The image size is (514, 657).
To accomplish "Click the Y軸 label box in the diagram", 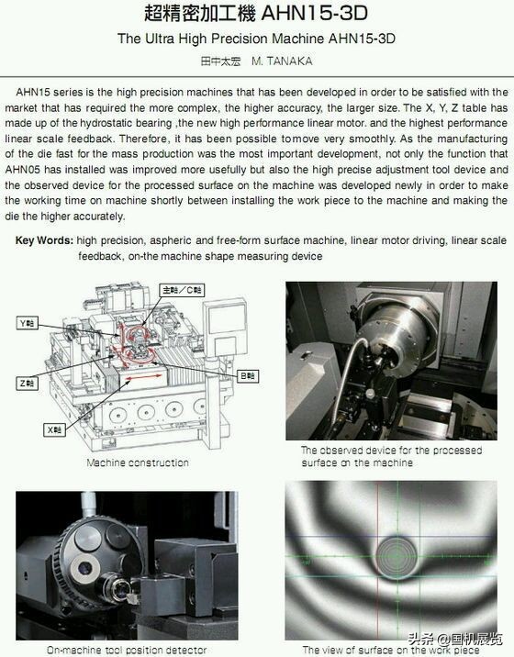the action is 28,323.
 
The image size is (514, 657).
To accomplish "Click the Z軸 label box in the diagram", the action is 28,383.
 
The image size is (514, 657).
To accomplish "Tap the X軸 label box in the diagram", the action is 55,429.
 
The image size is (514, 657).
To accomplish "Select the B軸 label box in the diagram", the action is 248,376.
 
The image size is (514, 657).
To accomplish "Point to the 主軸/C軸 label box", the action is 182,290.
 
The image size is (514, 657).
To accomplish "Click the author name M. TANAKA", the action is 282,61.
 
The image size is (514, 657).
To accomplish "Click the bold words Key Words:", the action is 44,240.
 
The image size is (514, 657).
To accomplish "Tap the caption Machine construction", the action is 138,462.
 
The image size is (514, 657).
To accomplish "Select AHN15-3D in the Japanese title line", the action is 314,13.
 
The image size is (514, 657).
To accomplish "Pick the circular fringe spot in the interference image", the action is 397,555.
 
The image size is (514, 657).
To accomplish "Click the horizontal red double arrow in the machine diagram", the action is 144,377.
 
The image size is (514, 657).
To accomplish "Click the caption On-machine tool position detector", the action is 127,650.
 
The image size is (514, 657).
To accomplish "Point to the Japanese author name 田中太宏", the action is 221,61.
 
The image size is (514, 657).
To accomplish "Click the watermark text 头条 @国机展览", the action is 455,639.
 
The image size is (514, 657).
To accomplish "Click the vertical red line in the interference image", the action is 378,561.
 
